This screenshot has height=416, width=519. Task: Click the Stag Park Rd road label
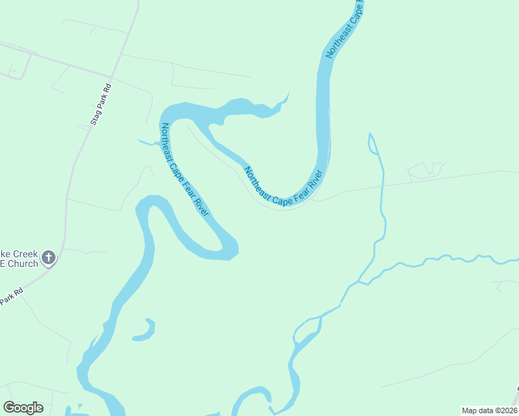101,105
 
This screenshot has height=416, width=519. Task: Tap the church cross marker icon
49,259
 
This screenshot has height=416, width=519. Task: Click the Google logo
23,408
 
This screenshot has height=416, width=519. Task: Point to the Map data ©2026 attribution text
489,410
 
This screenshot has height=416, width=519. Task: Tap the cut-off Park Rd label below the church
10,297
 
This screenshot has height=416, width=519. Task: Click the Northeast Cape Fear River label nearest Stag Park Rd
184,169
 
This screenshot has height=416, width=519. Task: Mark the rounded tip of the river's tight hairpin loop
232,247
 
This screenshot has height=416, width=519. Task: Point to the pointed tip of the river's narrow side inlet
288,93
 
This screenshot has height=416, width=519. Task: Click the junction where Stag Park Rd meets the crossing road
110,76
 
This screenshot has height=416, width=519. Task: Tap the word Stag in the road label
96,117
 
